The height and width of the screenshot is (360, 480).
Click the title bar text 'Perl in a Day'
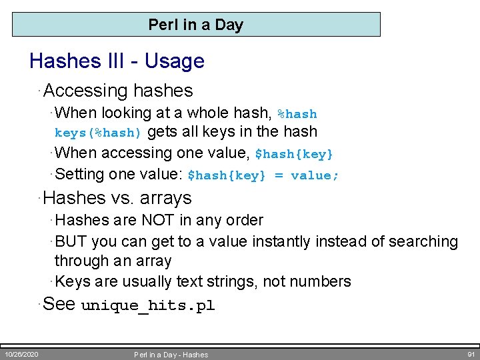pyautogui.click(x=195, y=25)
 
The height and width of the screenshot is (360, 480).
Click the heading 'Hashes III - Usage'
pyautogui.click(x=117, y=61)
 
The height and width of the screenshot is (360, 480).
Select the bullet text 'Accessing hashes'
pyautogui.click(x=118, y=91)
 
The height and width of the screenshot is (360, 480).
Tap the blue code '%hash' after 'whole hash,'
pyautogui.click(x=297, y=114)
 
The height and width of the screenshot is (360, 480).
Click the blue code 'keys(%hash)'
pyautogui.click(x=98, y=133)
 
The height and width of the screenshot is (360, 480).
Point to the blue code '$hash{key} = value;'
pyautogui.click(x=263, y=175)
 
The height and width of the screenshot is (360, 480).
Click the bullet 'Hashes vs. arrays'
pyautogui.click(x=117, y=198)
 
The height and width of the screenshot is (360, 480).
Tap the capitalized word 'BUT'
pyautogui.click(x=71, y=241)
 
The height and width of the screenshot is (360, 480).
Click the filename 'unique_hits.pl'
pyautogui.click(x=147, y=306)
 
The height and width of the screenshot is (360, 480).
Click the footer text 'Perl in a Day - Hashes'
pyautogui.click(x=171, y=355)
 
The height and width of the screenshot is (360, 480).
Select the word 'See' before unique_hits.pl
pyautogui.click(x=59, y=305)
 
